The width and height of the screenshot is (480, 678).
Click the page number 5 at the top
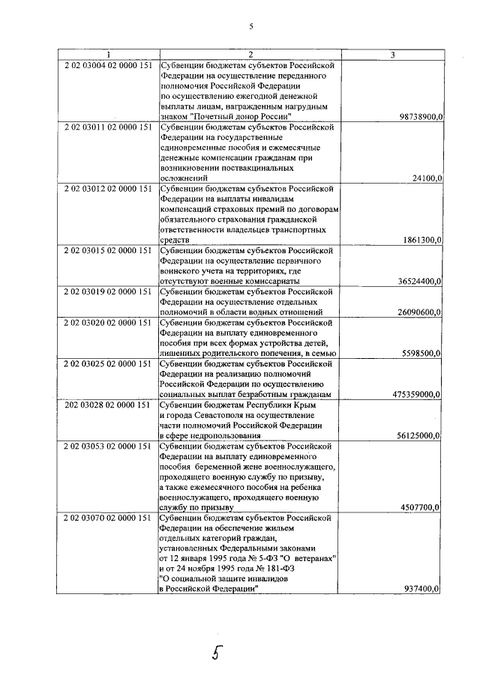tap(251, 26)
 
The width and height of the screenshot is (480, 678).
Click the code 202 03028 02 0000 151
tap(109, 404)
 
